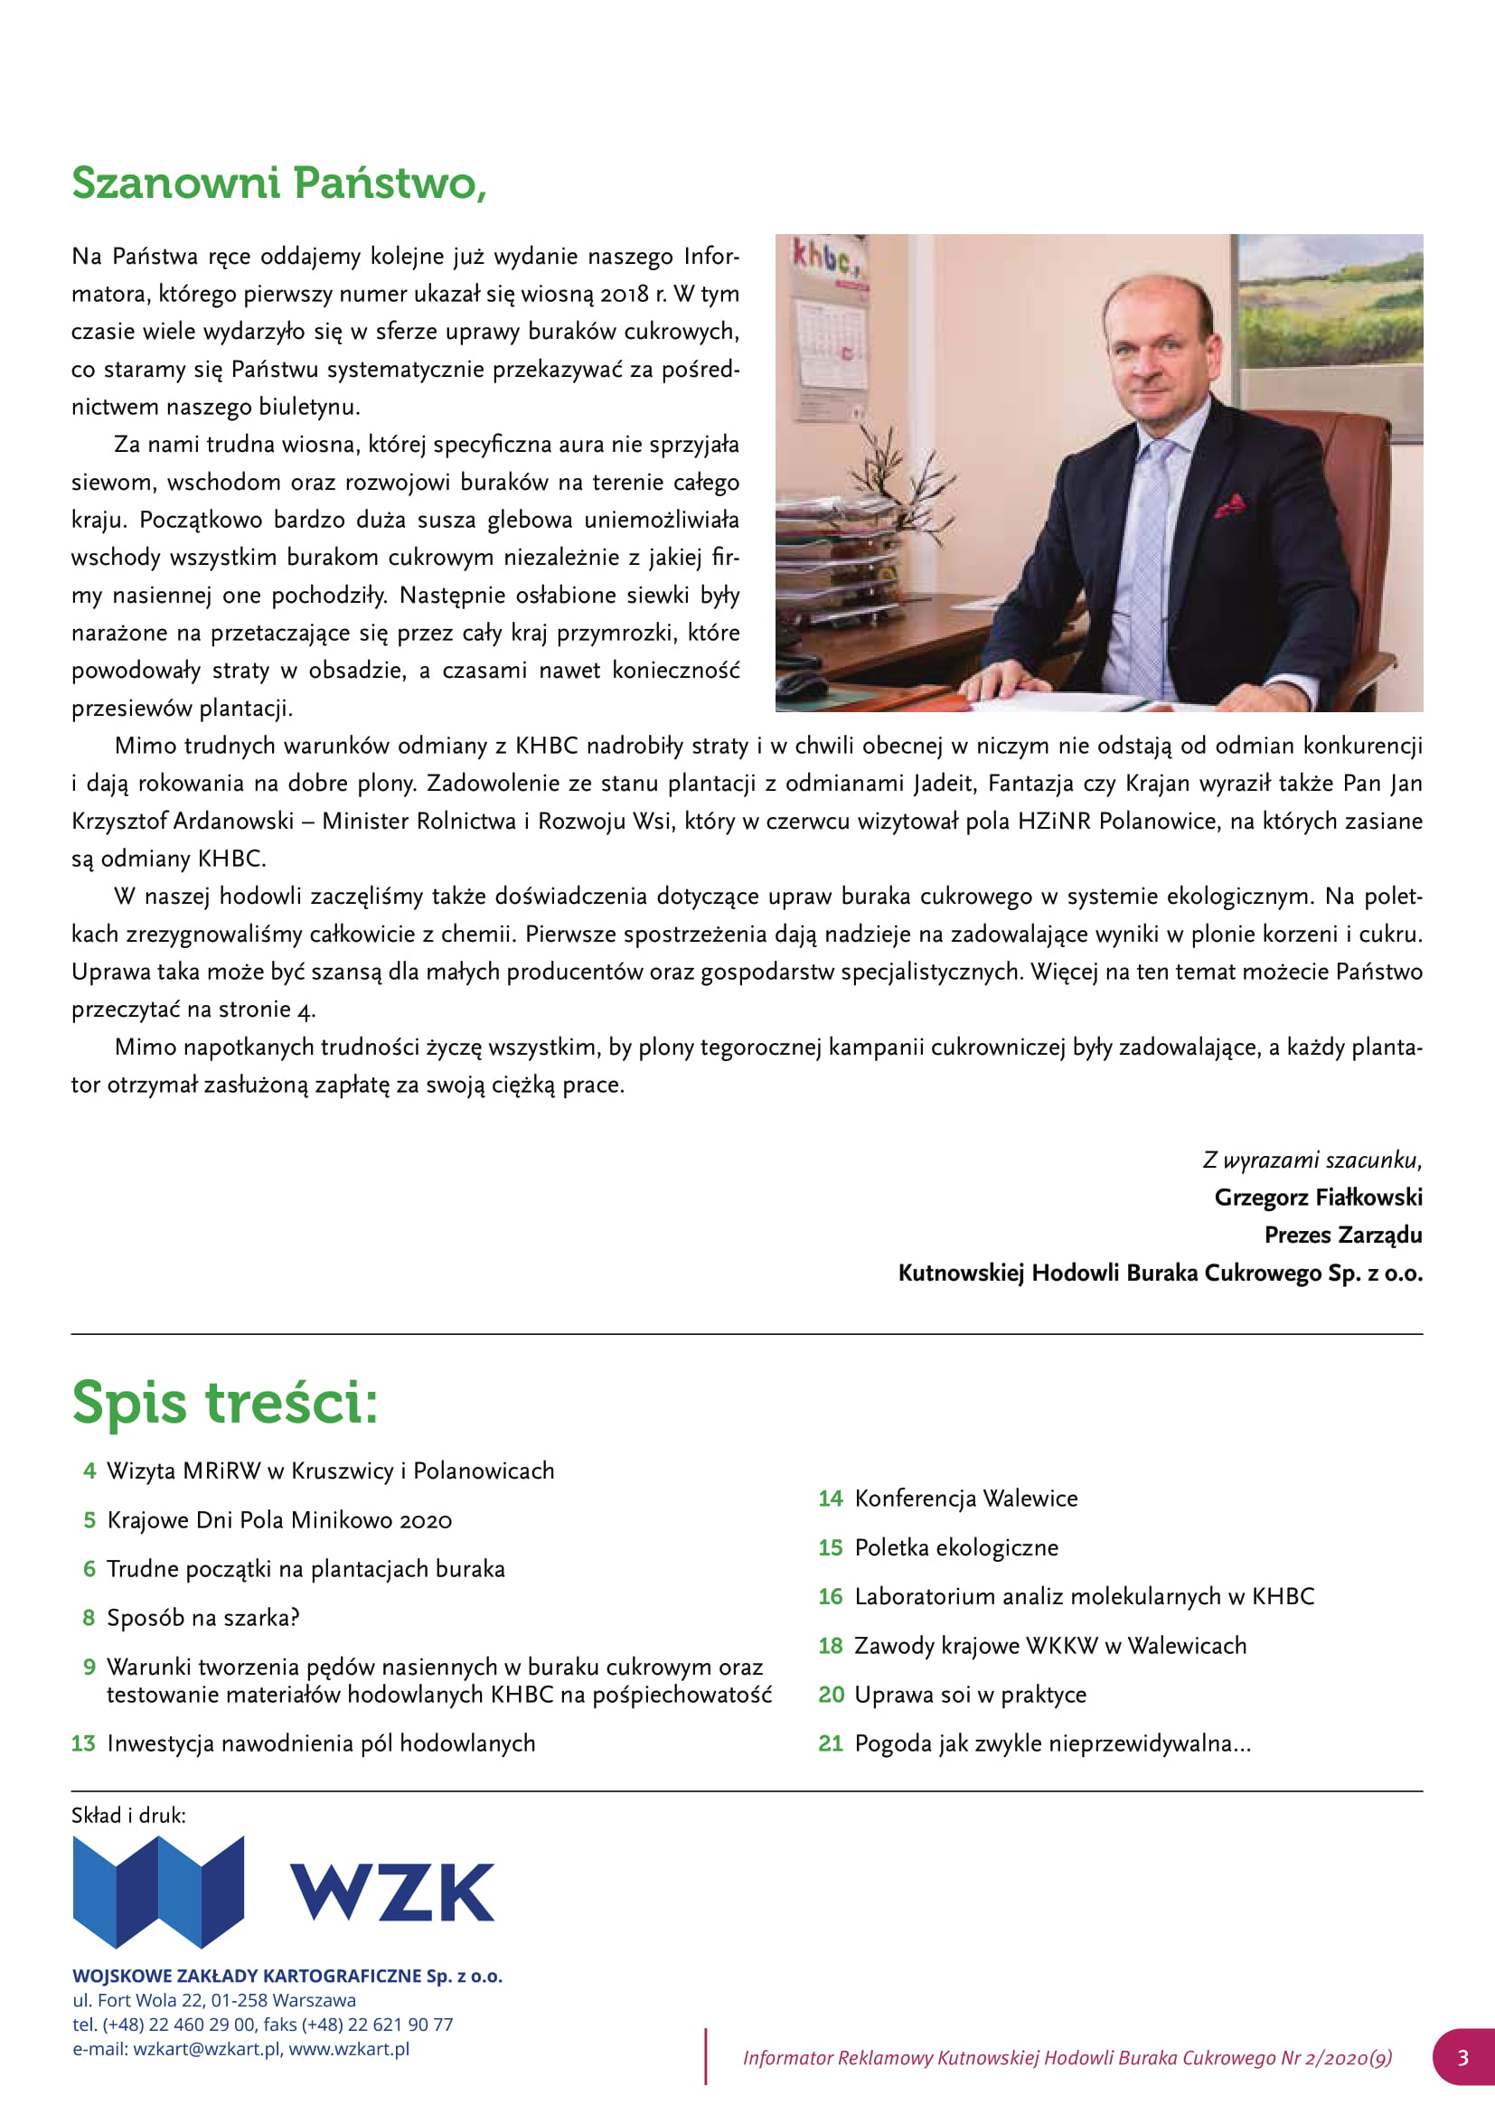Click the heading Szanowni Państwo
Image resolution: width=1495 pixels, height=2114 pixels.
click(279, 183)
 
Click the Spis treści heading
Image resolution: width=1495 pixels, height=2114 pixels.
click(225, 1403)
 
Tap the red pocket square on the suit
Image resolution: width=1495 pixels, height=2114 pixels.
click(1230, 504)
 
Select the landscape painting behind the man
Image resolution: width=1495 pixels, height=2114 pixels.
click(1330, 299)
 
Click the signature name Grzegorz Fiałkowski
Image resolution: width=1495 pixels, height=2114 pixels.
click(1317, 1197)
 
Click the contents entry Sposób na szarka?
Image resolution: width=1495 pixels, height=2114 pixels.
click(202, 1618)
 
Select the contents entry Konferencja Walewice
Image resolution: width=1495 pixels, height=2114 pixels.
click(965, 1498)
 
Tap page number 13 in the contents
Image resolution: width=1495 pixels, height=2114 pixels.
click(83, 1743)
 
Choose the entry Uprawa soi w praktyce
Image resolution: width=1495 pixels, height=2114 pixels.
click(970, 1694)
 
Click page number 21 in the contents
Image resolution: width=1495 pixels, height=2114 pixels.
click(831, 1743)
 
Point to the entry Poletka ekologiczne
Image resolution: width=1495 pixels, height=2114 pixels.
click(956, 1546)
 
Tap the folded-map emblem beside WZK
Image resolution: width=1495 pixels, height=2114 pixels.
click(158, 1891)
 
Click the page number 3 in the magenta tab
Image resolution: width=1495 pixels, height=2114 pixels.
click(1462, 2057)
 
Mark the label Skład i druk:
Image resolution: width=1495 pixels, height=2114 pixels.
click(128, 1815)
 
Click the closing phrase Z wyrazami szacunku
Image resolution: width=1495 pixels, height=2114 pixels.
click(1312, 1160)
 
